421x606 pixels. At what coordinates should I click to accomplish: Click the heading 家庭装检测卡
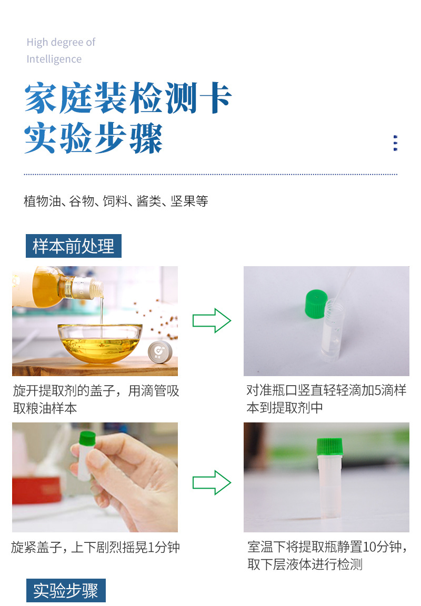coord(128,98)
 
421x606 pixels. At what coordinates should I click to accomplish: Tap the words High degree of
coord(61,42)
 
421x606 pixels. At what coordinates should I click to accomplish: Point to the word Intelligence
coord(54,59)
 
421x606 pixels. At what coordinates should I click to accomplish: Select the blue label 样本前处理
coord(74,246)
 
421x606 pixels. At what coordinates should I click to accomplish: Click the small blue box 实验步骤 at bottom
coord(66,590)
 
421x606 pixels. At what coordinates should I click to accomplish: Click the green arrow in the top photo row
coord(212,320)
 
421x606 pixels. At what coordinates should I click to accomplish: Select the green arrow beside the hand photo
coord(212,482)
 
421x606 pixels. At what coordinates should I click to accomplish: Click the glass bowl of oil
coord(100,342)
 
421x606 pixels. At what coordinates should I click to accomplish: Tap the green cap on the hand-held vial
coord(87,438)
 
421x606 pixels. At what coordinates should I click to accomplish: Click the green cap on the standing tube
coord(329,447)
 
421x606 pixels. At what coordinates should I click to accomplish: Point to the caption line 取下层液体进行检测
coord(305,565)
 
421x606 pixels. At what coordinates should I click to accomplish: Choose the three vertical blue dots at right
coord(395,143)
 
